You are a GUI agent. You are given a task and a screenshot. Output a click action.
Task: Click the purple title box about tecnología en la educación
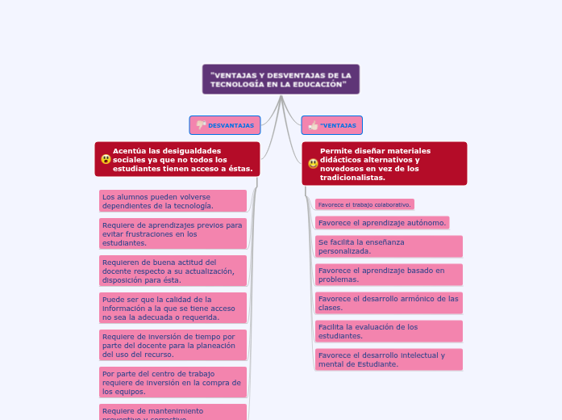281,79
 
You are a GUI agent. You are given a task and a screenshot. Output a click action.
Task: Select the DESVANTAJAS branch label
231,125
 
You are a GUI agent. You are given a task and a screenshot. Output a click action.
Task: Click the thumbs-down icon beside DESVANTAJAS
201,125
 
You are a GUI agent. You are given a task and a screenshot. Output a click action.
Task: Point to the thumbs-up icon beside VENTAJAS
312,125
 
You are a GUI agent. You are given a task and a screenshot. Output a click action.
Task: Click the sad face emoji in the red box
106,159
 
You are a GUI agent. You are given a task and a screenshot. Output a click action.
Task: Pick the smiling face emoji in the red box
313,163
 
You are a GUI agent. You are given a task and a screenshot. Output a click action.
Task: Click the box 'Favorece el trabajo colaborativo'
364,204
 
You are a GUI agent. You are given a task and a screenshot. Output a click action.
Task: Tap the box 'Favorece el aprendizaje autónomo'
381,222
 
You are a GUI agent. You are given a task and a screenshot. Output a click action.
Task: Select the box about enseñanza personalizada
389,246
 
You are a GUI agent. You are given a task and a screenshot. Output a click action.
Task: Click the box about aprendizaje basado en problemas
389,275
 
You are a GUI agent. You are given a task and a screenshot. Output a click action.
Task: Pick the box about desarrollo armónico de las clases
389,303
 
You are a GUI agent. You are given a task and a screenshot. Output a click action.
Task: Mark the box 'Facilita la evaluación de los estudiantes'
389,331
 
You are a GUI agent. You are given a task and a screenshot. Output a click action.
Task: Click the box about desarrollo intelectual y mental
389,359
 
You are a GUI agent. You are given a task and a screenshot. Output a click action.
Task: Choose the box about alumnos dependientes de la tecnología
173,201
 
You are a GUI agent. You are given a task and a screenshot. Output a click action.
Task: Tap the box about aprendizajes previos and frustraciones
173,233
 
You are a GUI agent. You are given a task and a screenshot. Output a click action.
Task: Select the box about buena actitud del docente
173,271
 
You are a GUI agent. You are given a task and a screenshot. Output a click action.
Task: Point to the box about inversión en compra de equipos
173,382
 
